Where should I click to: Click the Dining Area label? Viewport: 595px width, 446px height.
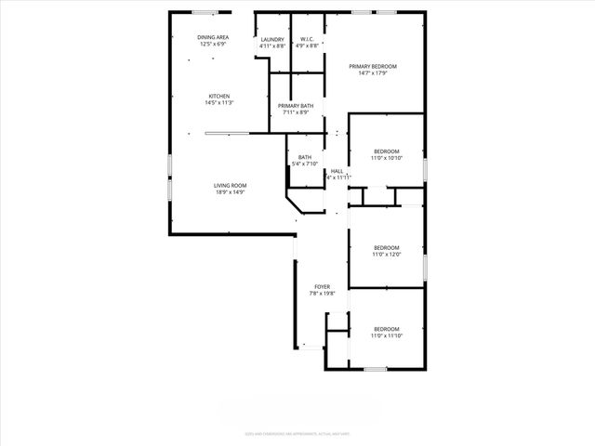tap(213, 37)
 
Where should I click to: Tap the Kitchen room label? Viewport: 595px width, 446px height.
tap(219, 97)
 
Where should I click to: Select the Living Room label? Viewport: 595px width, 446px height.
tap(231, 186)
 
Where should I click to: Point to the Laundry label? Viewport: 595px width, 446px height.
tap(271, 39)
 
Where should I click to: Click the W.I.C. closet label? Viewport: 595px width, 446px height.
tap(308, 39)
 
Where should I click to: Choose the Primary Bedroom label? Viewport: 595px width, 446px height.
tap(373, 67)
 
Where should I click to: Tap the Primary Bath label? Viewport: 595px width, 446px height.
tap(295, 106)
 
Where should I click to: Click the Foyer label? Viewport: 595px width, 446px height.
tap(322, 287)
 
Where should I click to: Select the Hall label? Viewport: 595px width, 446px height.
tap(337, 171)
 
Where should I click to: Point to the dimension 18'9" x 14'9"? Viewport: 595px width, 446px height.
tap(231, 192)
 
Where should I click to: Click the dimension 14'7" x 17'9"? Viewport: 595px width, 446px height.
tap(373, 73)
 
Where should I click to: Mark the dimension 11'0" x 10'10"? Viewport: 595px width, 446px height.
tap(386, 158)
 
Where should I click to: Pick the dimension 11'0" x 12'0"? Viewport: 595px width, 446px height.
tap(386, 254)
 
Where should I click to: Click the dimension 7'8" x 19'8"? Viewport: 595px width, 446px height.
tap(322, 294)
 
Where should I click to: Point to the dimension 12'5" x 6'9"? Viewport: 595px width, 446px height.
tap(213, 44)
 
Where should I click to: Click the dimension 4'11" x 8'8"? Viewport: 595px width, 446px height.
tap(271, 46)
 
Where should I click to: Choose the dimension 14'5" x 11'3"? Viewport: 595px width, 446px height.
tap(219, 103)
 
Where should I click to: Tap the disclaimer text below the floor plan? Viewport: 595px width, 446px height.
tap(297, 433)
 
